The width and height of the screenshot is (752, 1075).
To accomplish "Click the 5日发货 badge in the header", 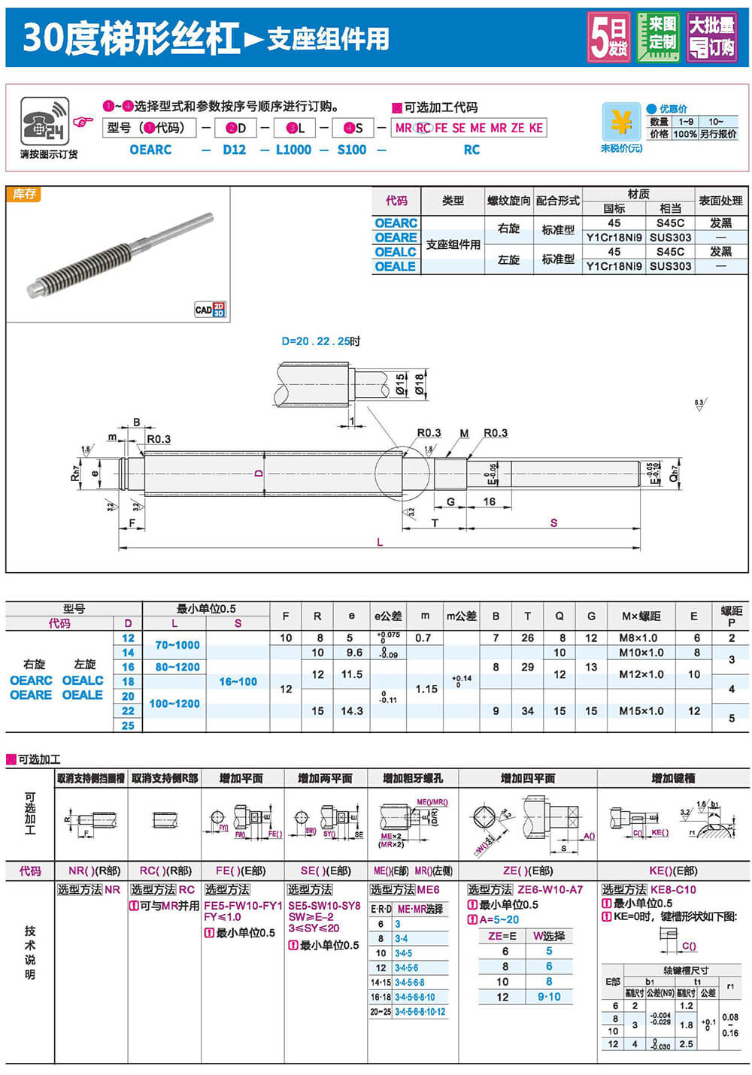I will coord(608,37).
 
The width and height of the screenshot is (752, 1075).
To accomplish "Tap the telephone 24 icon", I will coord(45,122).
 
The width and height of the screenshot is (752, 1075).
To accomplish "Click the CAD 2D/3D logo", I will coord(210,309).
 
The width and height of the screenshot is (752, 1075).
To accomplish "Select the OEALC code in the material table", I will coord(396,252).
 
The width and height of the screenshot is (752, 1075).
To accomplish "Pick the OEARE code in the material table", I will coord(396,238).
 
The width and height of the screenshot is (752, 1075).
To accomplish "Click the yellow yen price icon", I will coord(621,121).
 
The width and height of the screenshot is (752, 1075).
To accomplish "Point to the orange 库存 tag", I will coord(24,194).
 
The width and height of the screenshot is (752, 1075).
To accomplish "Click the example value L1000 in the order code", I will coord(293,150).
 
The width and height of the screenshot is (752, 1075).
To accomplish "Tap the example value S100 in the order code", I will coord(352,150).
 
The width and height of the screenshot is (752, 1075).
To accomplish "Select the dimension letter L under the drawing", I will coord(380,542).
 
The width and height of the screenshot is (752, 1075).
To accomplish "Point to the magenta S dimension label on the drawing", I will coord(553,522).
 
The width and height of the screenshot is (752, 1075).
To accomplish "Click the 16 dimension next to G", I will coord(490,501).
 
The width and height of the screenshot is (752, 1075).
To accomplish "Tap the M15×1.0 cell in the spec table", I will coord(642,710).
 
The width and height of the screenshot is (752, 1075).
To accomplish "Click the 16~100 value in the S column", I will coord(238,681).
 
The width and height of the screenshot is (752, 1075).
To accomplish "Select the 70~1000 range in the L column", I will coord(177,645).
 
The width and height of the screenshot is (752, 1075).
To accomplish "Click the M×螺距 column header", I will coord(641,616).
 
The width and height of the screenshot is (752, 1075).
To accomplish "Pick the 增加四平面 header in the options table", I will coord(528,778).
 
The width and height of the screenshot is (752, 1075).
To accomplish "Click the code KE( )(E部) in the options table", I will coord(672,871).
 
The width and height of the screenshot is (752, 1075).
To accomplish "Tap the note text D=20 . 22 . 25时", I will coord(321,341).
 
